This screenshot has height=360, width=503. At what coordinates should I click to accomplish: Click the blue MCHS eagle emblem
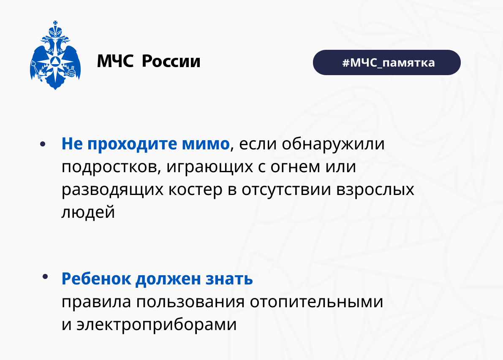(x=55, y=55)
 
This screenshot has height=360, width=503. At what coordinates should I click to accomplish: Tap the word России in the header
(x=171, y=61)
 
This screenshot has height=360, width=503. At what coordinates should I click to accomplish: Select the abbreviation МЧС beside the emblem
(x=115, y=61)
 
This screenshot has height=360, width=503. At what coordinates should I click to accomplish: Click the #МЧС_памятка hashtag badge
(x=386, y=62)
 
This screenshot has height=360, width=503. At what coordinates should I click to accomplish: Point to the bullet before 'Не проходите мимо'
(x=43, y=144)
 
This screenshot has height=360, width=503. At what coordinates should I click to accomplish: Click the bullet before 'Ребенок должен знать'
(x=45, y=276)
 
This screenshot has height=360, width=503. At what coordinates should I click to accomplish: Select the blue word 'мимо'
(x=206, y=143)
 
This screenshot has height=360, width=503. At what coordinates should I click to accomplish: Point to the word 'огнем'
(x=295, y=167)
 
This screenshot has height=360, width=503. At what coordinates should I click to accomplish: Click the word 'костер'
(x=196, y=190)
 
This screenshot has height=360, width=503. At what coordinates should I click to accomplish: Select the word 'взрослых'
(x=375, y=190)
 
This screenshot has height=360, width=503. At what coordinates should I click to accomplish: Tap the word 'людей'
(x=88, y=212)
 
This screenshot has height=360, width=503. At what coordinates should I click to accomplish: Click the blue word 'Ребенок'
(x=96, y=278)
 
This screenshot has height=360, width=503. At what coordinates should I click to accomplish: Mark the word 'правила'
(x=96, y=302)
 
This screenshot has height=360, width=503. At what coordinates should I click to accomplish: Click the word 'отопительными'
(x=316, y=302)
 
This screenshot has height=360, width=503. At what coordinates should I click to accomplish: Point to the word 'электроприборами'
(x=157, y=325)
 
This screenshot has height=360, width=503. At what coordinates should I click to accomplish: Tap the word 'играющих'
(x=209, y=167)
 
